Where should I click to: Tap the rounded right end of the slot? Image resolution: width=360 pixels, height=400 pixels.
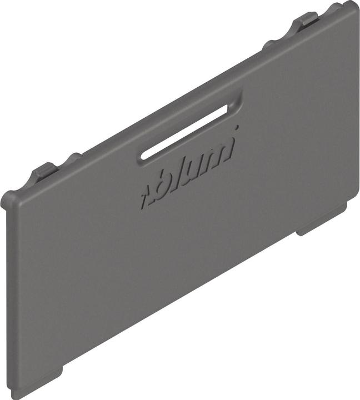tap(230, 108)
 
